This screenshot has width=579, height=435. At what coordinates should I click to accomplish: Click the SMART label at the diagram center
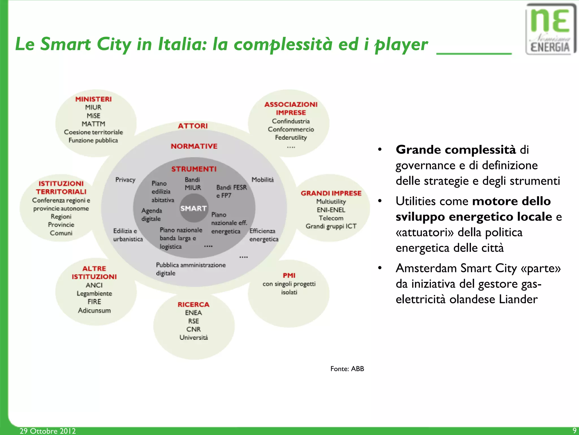tap(194, 208)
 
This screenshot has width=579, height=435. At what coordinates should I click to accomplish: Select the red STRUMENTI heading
tap(194, 169)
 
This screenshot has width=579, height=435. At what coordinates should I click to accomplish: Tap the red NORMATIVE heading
tap(194, 146)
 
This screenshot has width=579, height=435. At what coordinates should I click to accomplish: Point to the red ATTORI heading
tap(193, 126)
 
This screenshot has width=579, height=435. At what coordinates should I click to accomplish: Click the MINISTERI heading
tap(93, 99)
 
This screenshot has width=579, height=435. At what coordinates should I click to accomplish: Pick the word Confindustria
tap(291, 121)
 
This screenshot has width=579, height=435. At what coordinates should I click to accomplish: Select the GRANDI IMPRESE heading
tap(331, 193)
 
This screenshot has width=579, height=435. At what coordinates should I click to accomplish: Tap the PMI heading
tap(289, 275)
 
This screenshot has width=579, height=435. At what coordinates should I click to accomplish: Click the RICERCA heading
tap(193, 305)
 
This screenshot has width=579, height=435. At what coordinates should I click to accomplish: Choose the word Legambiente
tap(94, 293)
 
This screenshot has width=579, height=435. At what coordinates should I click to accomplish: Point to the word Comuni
tap(61, 233)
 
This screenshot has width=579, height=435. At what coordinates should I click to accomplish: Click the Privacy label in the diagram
tap(125, 180)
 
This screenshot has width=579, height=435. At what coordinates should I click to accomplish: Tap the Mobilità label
tap(263, 180)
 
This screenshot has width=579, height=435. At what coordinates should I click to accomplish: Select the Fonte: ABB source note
tap(347, 369)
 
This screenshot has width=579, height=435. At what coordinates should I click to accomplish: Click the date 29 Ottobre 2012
tap(47, 431)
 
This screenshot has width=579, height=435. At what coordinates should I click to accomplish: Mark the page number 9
tap(574, 430)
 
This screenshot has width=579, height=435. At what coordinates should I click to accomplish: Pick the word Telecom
tap(331, 218)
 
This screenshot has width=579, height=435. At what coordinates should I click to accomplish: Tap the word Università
tap(194, 337)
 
